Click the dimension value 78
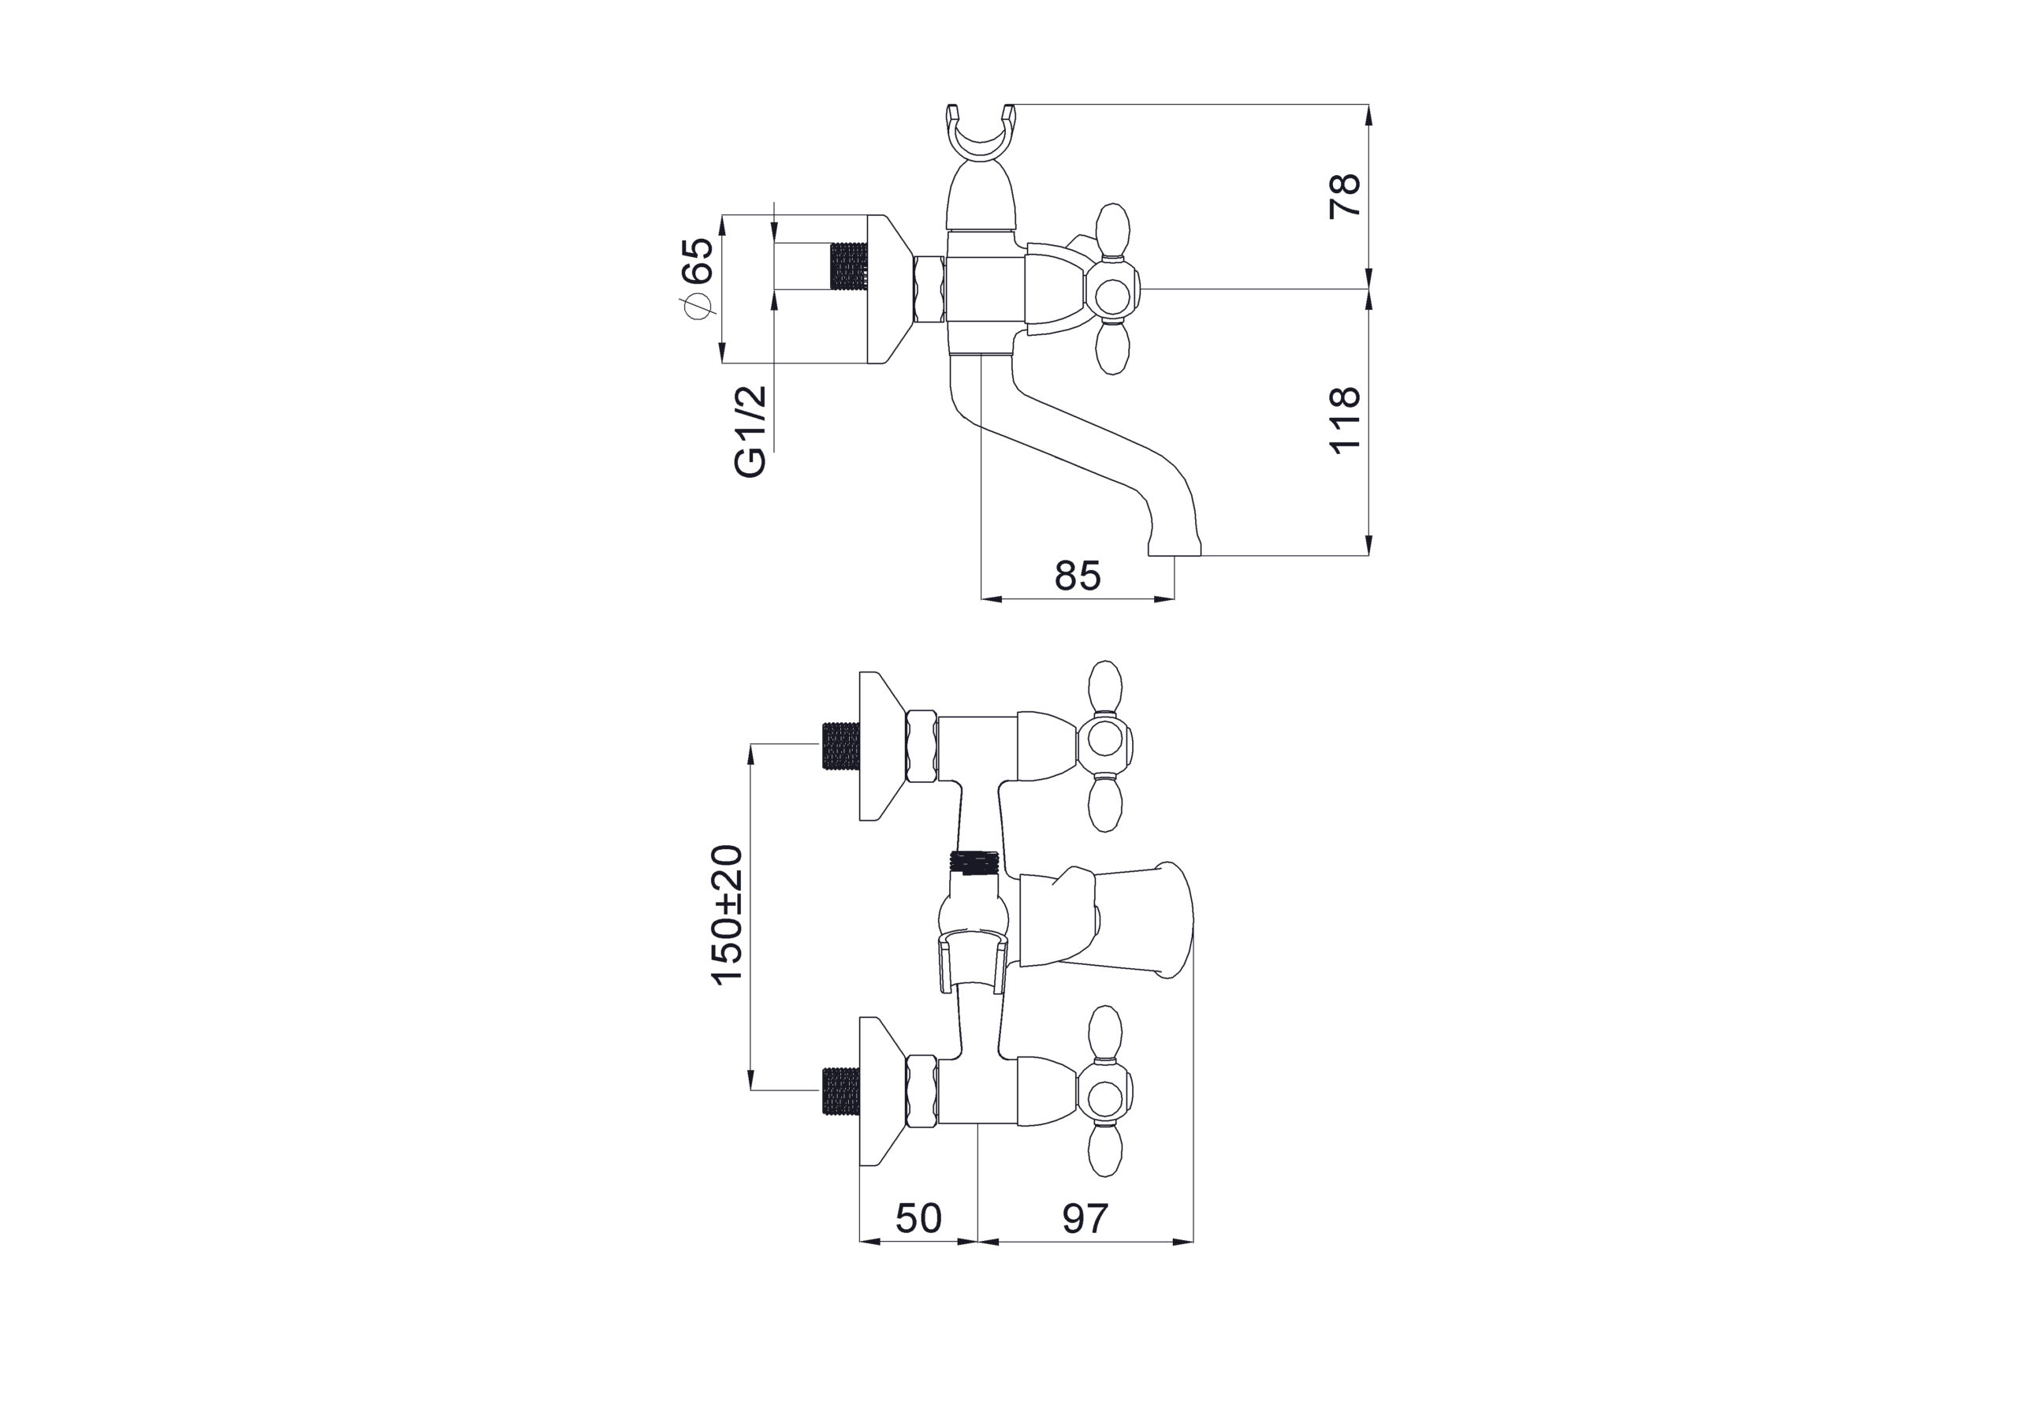[1346, 196]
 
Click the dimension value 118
[1346, 420]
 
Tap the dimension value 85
[1078, 576]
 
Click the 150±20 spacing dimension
[728, 916]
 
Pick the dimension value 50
[918, 1218]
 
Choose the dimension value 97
[1085, 1218]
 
